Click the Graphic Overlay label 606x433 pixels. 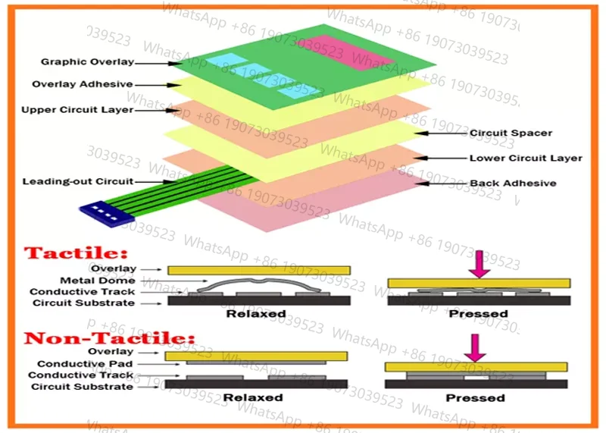coord(87,62)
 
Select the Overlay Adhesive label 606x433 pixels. coord(83,84)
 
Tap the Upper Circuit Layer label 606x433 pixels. coord(77,110)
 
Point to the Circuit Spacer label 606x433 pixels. coord(511,133)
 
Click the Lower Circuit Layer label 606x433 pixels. coord(526,158)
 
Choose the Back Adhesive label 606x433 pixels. coord(513,183)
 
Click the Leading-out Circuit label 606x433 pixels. coord(77,182)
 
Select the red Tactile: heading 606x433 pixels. coord(77,253)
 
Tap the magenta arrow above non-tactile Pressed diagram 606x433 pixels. coord(476,347)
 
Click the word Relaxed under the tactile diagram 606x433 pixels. coord(258,313)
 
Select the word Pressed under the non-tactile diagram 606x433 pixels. coord(475,397)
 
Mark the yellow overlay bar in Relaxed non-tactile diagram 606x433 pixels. coord(257,356)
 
